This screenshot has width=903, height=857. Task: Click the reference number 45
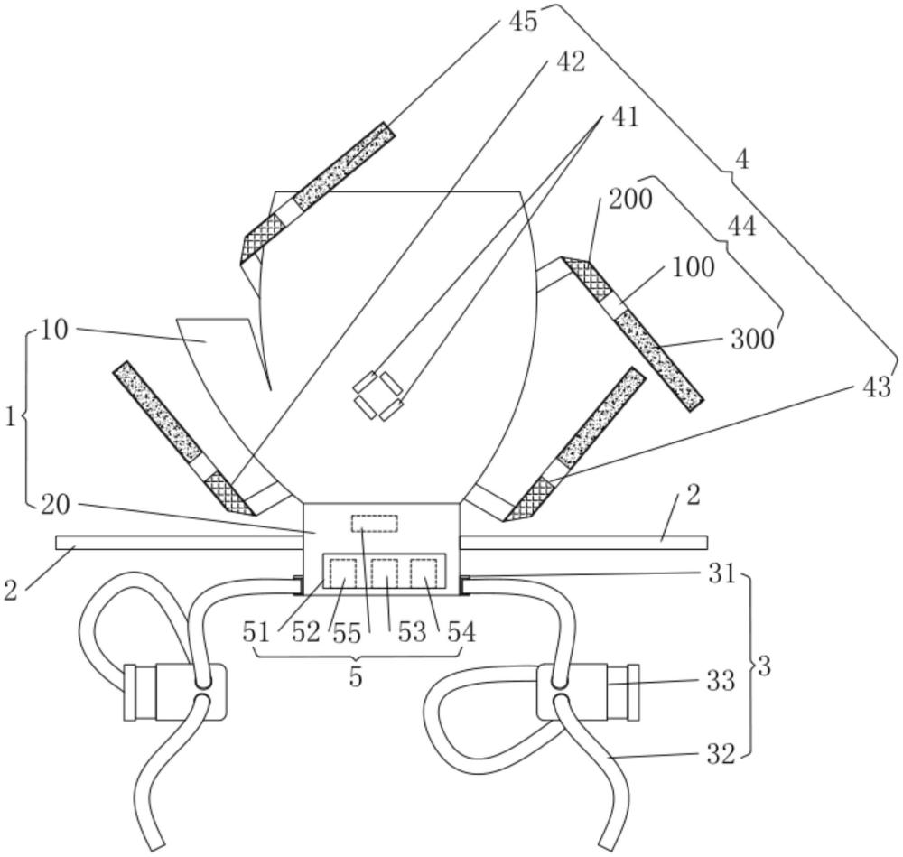tap(523, 20)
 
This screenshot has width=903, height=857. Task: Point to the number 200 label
tap(629, 200)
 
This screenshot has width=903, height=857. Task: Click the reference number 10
tap(54, 329)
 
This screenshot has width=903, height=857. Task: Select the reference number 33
tap(720, 680)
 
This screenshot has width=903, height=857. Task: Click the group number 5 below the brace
tap(356, 676)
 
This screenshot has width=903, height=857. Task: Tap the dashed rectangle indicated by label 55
tap(374, 523)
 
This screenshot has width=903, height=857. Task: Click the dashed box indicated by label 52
tap(342, 574)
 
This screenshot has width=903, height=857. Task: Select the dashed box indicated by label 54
tap(424, 574)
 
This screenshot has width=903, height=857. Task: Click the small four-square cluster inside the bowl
tap(377, 394)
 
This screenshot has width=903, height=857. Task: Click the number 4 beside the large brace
tap(741, 160)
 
